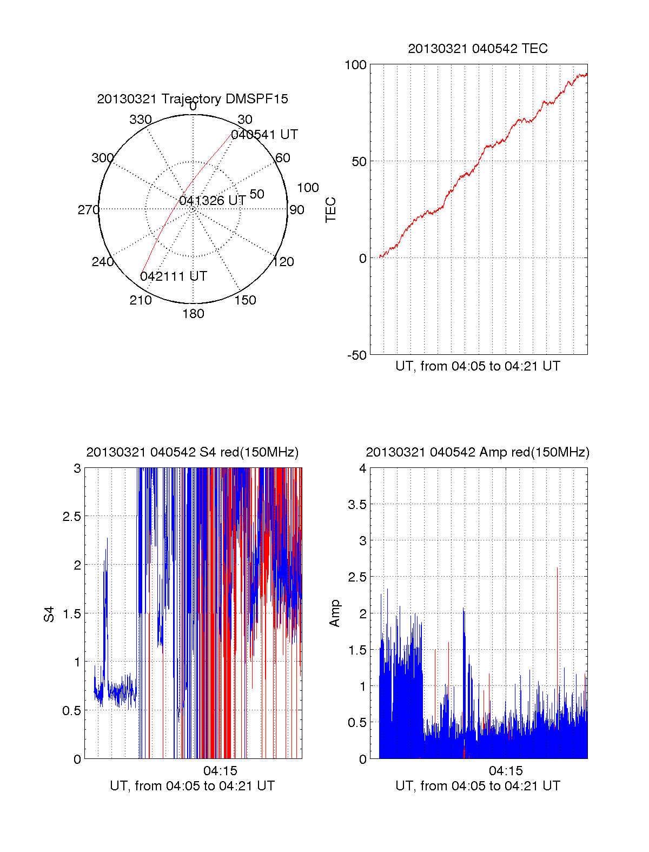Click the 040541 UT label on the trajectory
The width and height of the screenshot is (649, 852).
pos(264,135)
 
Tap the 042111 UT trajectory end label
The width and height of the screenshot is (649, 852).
pos(174,276)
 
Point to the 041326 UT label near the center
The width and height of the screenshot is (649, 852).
pos(213,201)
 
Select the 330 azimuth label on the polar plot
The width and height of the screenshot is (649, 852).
pos(141,120)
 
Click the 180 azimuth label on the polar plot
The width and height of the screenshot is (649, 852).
pos(193,314)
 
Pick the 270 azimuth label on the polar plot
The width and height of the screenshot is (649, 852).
pos(88,210)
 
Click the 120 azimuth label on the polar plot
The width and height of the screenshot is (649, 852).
pos(283,262)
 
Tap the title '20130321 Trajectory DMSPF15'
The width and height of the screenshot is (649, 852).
pos(193,99)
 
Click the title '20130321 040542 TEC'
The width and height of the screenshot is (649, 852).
pos(478,49)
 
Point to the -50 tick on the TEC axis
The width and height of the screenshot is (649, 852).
pos(357,355)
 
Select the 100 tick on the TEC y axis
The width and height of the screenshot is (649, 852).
pos(355,65)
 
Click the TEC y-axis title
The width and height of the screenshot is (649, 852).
pos(330,210)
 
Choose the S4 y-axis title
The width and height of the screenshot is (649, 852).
pos(49,614)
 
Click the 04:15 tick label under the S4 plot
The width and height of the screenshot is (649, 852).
pos(220,770)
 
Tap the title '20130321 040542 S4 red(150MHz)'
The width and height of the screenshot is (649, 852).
pos(193,452)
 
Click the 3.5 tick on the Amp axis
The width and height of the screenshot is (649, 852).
pos(357,505)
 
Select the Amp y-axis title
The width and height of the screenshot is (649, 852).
pos(335,613)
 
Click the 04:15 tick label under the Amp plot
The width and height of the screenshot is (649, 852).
pos(506,770)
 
